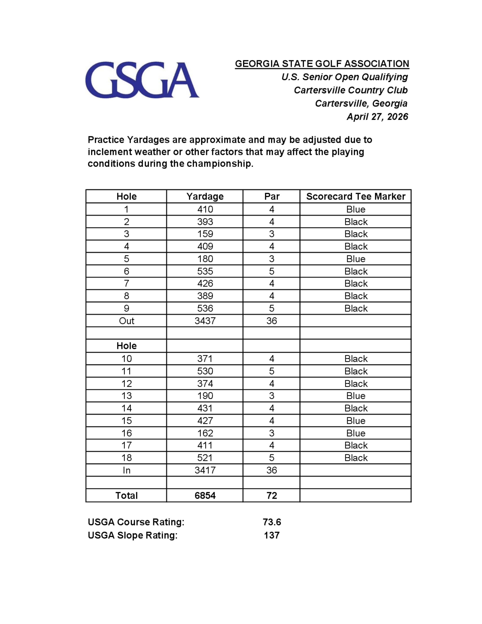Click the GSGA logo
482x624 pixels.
142,80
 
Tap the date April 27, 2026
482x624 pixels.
377,116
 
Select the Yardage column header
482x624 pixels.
205,196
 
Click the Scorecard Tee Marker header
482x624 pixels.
355,196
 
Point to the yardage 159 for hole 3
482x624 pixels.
205,234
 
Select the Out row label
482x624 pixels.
126,321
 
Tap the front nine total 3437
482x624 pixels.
205,321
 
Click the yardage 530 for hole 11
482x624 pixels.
205,371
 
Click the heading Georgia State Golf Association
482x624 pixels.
322,63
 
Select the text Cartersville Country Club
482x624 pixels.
350,90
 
